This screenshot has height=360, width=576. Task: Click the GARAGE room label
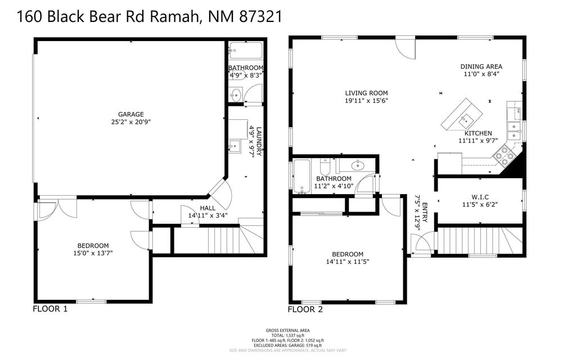(130, 114)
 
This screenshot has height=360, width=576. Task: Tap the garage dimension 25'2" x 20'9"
(130, 121)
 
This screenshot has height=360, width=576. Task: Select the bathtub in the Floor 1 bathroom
(246, 51)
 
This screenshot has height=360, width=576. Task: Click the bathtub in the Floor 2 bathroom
(302, 177)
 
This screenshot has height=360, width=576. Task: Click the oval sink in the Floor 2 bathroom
(357, 165)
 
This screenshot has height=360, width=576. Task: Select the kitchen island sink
(466, 119)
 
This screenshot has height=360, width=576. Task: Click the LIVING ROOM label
(366, 93)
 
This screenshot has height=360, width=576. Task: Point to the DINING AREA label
(481, 66)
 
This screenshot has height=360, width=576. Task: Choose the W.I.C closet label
(480, 197)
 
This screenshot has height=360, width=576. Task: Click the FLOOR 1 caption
(50, 309)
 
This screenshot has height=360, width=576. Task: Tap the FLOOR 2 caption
(305, 309)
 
